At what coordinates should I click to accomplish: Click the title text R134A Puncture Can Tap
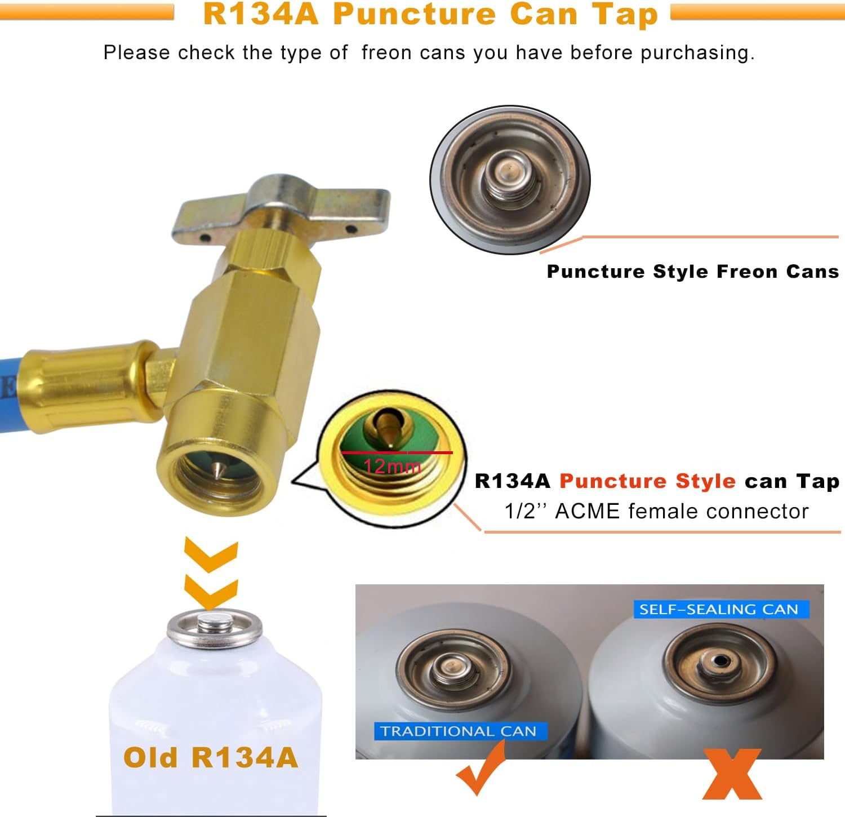[430, 15]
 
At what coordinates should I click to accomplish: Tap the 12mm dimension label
[392, 467]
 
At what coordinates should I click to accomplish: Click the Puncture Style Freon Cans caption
[692, 272]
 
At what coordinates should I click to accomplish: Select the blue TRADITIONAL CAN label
[459, 731]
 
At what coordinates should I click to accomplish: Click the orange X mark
[732, 773]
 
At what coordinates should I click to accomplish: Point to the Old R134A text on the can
[211, 758]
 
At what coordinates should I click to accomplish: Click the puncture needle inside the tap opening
[217, 469]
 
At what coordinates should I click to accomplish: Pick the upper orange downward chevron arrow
[211, 555]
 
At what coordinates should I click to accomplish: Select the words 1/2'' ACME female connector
[656, 511]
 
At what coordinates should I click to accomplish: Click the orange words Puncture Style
[647, 481]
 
